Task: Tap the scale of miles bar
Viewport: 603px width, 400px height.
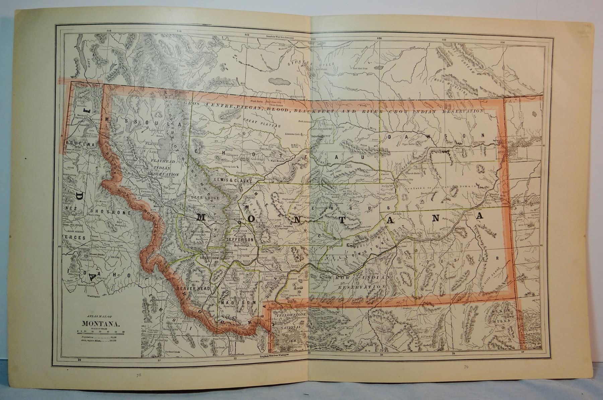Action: [100, 333]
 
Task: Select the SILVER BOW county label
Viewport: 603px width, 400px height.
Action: [209, 258]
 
